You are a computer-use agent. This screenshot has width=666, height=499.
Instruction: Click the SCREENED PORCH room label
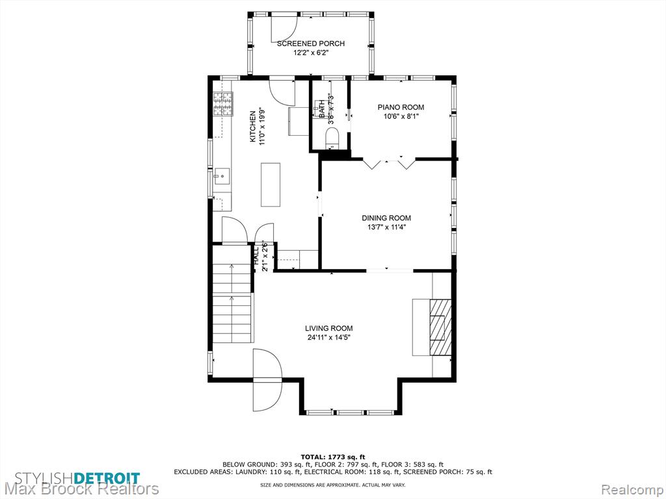pos(310,44)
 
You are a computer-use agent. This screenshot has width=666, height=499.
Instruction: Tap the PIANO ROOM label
pos(401,107)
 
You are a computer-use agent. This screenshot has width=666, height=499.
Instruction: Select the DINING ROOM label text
pos(386,218)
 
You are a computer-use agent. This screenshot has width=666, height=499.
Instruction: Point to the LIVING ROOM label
pos(328,328)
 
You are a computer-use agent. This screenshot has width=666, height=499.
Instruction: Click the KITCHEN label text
pos(253,127)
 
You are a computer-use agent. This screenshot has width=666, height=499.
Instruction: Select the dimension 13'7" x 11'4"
pos(386,227)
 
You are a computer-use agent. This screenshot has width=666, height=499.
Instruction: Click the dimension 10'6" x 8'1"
pos(401,117)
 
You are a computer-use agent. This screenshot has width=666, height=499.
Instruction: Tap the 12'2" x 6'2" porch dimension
pos(311,53)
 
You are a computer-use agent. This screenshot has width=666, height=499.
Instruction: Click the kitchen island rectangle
pos(270,185)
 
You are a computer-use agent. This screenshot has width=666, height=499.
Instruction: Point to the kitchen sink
pos(222,176)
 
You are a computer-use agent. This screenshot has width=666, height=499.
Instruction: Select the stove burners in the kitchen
pos(223,104)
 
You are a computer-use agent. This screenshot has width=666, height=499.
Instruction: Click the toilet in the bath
pos(332,138)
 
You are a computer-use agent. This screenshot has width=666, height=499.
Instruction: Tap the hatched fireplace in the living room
pos(440,327)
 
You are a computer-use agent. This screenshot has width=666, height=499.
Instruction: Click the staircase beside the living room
pos(232,303)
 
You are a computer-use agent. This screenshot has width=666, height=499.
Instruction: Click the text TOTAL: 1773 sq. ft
pos(333,457)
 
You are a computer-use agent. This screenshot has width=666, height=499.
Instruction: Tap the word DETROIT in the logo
pos(107,478)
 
